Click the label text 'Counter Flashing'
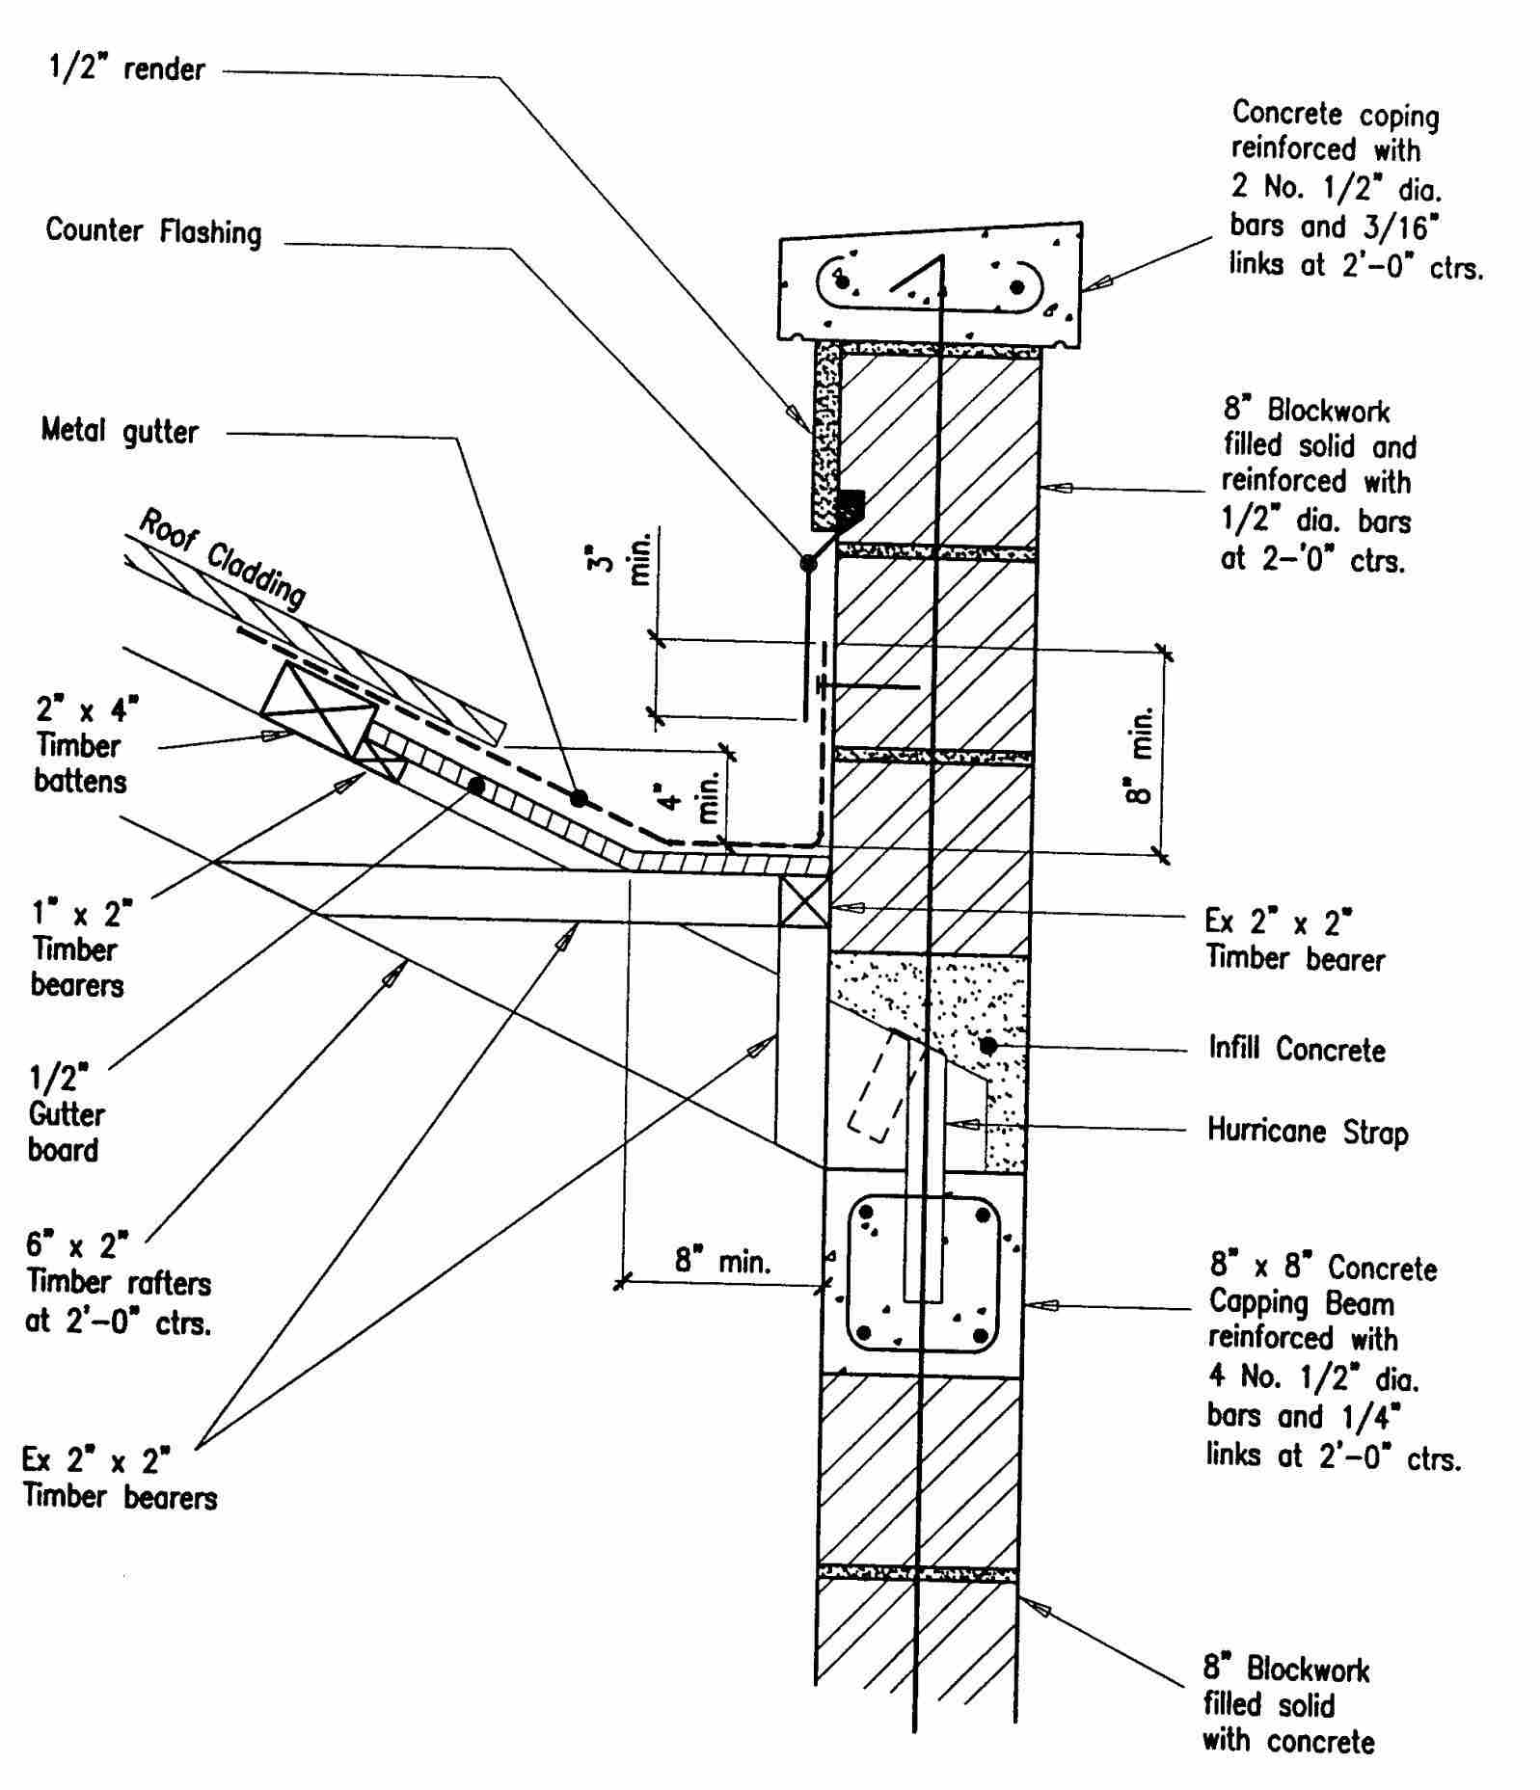[x=153, y=232]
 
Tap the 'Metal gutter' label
[x=120, y=431]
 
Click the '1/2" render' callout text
[x=126, y=69]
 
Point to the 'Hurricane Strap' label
[x=1307, y=1131]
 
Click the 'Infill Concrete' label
[x=1296, y=1049]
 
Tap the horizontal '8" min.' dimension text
[x=722, y=1261]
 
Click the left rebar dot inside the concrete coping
[x=843, y=281]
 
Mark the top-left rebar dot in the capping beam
[x=867, y=1213]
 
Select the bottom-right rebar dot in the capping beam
[x=981, y=1337]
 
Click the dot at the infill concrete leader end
[x=987, y=1046]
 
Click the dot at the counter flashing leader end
[x=808, y=564]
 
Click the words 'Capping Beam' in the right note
[x=1301, y=1304]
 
